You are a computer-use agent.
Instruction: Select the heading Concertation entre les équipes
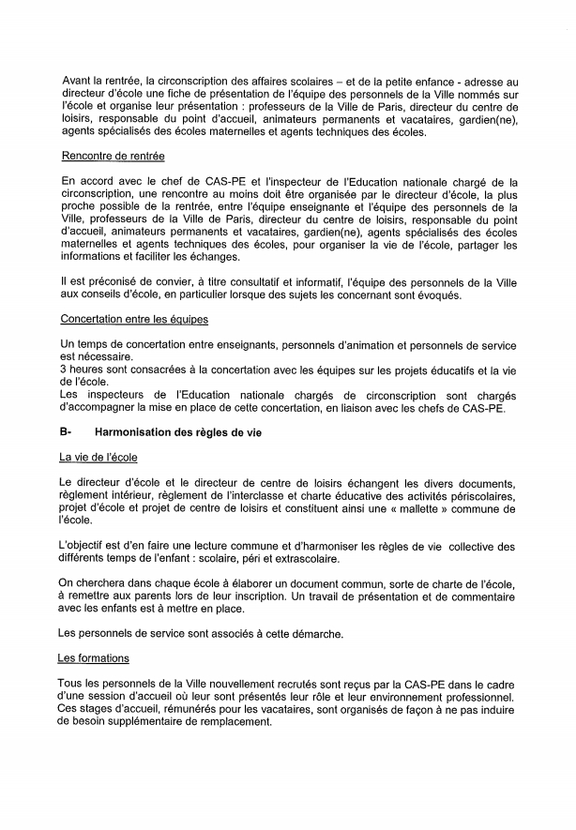134,320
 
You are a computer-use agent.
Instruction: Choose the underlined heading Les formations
94,658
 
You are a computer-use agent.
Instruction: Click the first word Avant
78,83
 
